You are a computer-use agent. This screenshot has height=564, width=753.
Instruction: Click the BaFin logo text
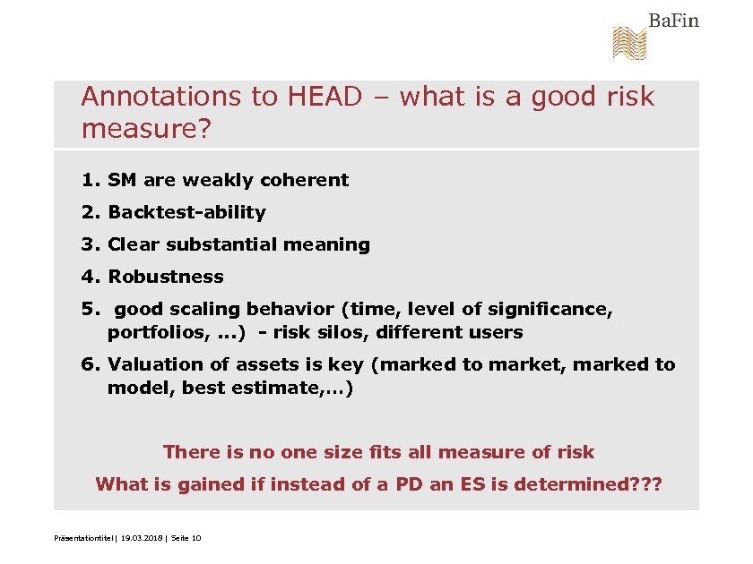pyautogui.click(x=673, y=20)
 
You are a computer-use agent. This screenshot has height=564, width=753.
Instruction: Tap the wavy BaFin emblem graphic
pyautogui.click(x=628, y=43)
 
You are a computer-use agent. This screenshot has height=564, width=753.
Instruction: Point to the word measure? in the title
pyautogui.click(x=146, y=130)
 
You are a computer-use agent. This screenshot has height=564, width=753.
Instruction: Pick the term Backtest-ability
pyautogui.click(x=186, y=212)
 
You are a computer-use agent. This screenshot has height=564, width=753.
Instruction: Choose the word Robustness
pyautogui.click(x=166, y=277)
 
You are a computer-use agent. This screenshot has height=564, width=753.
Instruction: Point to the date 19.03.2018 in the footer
pyautogui.click(x=135, y=537)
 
